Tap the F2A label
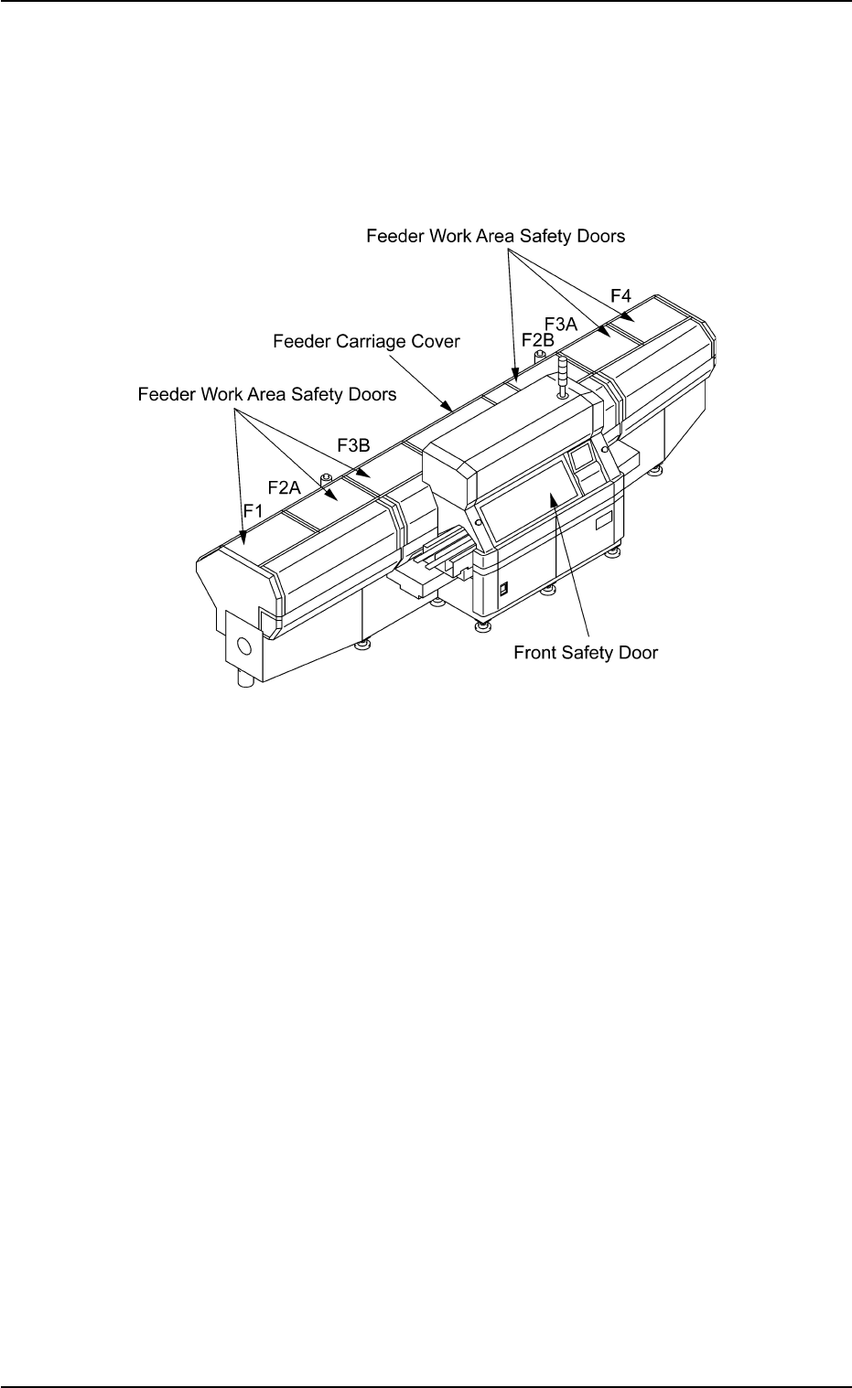tap(284, 488)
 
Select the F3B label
tap(353, 445)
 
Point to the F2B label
tap(537, 339)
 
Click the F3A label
tap(561, 323)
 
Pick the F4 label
tap(621, 295)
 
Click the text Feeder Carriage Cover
tap(366, 341)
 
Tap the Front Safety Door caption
tap(586, 653)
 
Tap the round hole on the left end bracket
tap(243, 646)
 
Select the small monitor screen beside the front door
tap(583, 458)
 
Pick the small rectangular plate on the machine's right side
tap(603, 523)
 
